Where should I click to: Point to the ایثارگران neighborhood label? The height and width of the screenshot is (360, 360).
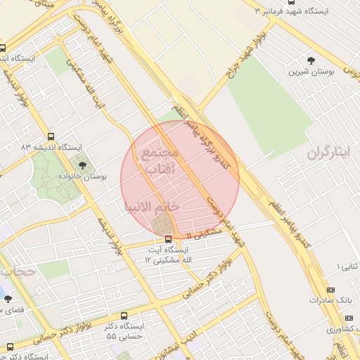[327, 153]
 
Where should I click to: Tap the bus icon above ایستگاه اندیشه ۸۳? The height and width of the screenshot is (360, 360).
[50, 136]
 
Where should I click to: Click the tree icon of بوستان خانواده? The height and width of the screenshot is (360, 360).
[84, 166]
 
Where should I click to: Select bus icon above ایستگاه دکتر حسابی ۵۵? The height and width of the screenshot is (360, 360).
[124, 316]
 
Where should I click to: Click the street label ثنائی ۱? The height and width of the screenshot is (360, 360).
[349, 266]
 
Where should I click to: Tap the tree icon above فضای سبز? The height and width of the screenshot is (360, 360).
[8, 297]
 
